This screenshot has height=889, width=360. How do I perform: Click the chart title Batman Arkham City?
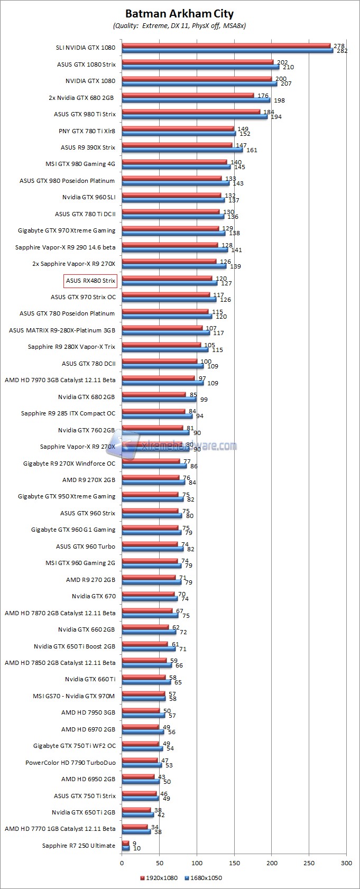(x=179, y=14)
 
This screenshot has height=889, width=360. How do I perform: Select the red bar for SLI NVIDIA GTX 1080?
(x=226, y=46)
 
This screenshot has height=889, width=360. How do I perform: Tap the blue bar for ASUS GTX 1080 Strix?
(x=200, y=67)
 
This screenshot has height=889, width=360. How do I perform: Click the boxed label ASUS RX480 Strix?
(x=90, y=280)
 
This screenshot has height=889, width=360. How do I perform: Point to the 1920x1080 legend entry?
(x=159, y=878)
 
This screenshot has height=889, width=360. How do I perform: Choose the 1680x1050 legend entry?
(x=203, y=878)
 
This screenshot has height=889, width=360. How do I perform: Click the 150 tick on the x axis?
(x=234, y=863)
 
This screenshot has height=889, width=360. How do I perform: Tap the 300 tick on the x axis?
(x=346, y=863)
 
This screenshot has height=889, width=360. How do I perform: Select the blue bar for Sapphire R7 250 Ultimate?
(x=126, y=848)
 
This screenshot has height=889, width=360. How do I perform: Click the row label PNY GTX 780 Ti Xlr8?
(x=87, y=131)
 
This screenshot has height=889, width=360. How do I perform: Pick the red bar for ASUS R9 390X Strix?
(x=177, y=145)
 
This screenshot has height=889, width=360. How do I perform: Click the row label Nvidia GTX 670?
(x=94, y=596)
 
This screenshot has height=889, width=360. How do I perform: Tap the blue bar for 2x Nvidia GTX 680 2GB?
(x=196, y=100)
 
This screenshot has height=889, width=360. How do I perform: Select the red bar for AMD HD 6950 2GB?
(x=138, y=776)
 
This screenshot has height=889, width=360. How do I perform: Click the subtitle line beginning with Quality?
(x=179, y=25)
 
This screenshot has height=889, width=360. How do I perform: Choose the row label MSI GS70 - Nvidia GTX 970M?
(x=74, y=696)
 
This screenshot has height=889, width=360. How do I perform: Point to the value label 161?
(x=252, y=150)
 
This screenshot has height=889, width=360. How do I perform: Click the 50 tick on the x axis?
(x=159, y=863)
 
